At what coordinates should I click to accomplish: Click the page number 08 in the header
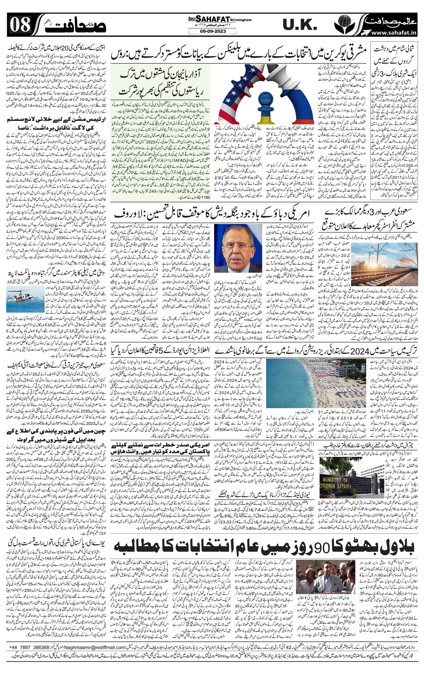(x=20, y=26)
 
